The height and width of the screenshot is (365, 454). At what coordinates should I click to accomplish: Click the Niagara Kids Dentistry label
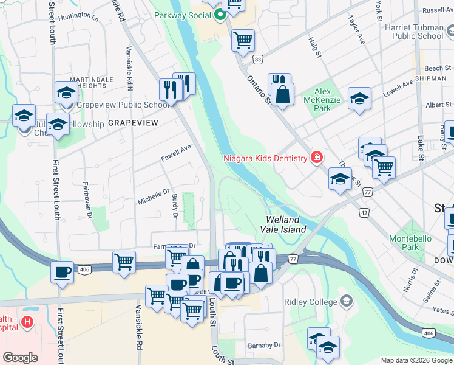point(266,159)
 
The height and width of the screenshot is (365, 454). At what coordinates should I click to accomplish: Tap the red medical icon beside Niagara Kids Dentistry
point(316,159)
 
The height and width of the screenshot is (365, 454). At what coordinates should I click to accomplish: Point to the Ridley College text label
point(310,302)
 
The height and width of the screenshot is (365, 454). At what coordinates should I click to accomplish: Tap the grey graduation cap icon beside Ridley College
point(346,301)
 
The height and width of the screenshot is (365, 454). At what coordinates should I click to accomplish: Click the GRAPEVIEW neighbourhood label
point(132,123)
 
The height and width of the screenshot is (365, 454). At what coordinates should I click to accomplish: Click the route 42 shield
point(363,213)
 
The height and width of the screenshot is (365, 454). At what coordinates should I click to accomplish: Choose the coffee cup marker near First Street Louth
point(62,271)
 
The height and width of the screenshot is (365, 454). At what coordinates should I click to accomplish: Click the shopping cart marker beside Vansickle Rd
point(124,262)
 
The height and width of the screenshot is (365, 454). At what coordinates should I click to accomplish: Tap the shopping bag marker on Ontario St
point(282,94)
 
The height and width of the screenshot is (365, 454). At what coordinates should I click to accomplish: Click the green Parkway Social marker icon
point(220,14)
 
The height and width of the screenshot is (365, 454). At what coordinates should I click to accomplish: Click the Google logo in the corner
point(20,358)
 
